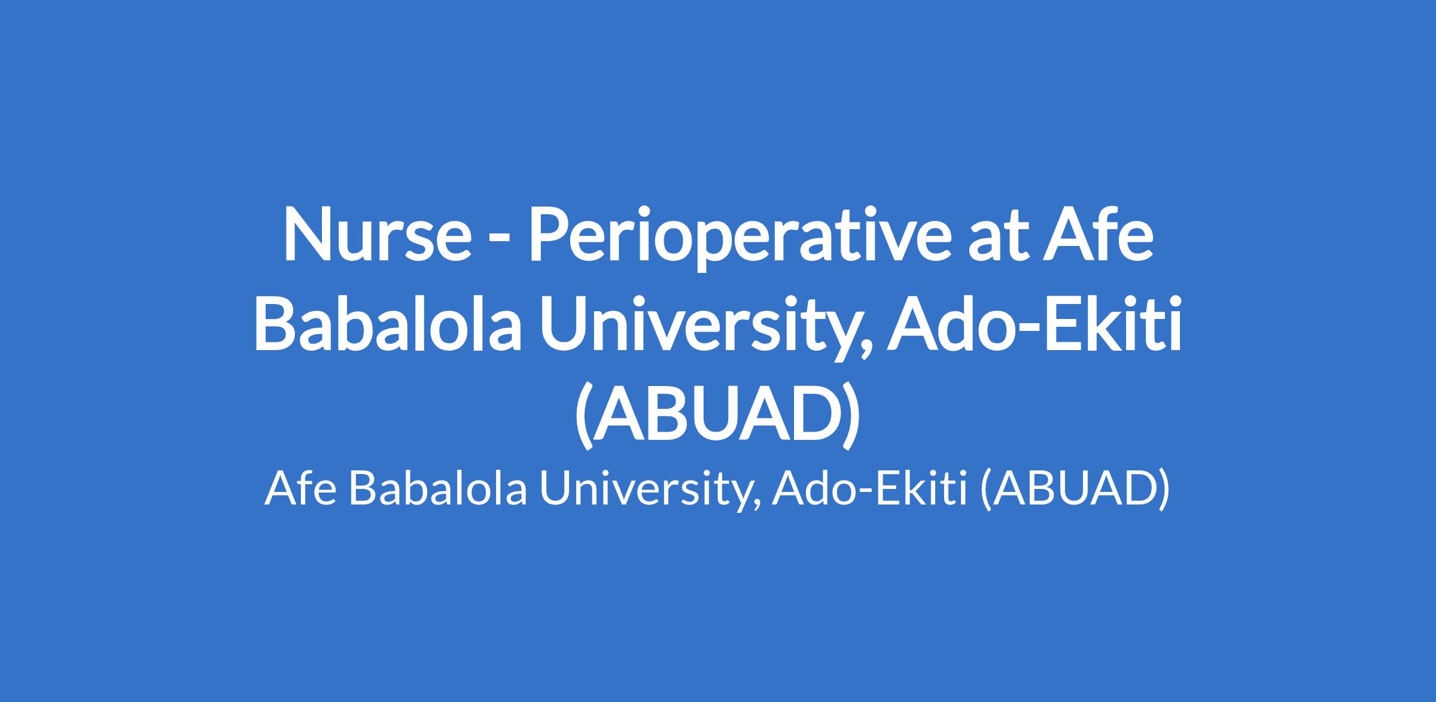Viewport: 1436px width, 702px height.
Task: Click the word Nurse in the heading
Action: pyautogui.click(x=377, y=235)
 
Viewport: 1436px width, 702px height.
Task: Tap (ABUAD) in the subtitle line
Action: pyautogui.click(x=1074, y=491)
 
